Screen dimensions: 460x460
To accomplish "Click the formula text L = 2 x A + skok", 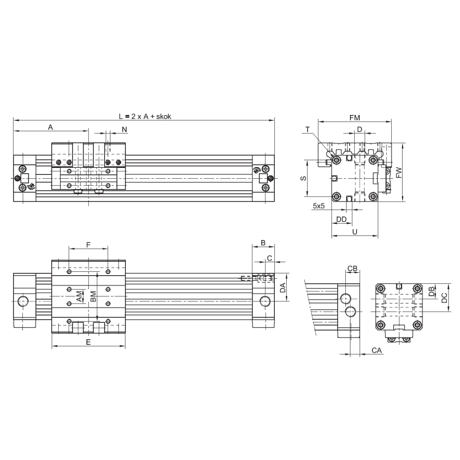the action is click(145, 117).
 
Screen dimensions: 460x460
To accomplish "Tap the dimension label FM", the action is click(355, 118).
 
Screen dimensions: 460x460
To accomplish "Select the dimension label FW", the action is click(399, 172).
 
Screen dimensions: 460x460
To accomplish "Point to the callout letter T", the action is click(307, 130).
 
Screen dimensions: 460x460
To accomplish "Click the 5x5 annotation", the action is click(319, 206).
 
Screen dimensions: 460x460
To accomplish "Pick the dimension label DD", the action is click(342, 219).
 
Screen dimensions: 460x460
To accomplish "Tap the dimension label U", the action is click(355, 232).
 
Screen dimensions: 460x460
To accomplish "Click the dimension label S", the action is click(303, 178).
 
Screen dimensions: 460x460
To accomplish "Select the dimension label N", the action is click(124, 130).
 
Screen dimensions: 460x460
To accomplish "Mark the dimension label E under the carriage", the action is click(88, 342).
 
